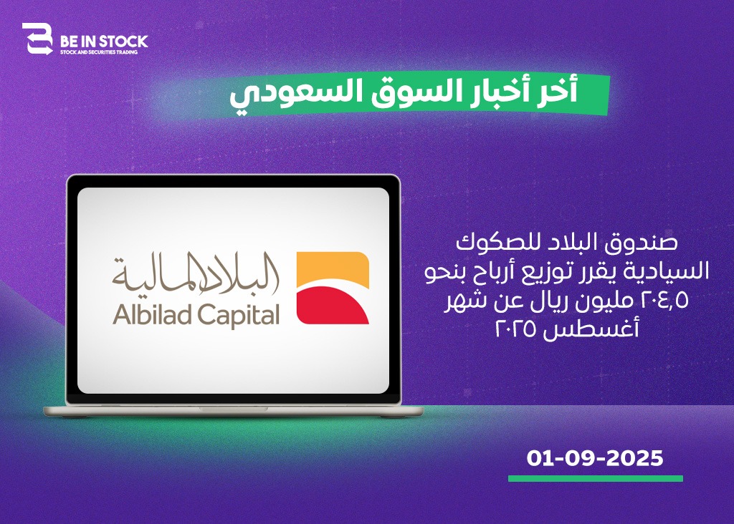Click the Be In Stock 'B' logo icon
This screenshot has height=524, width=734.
(37, 39)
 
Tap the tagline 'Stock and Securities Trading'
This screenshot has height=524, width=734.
(99, 52)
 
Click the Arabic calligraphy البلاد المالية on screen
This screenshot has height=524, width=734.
(196, 273)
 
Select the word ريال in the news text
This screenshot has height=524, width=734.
(547, 301)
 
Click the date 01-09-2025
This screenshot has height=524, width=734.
(595, 458)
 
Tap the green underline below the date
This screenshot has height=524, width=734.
(596, 478)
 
